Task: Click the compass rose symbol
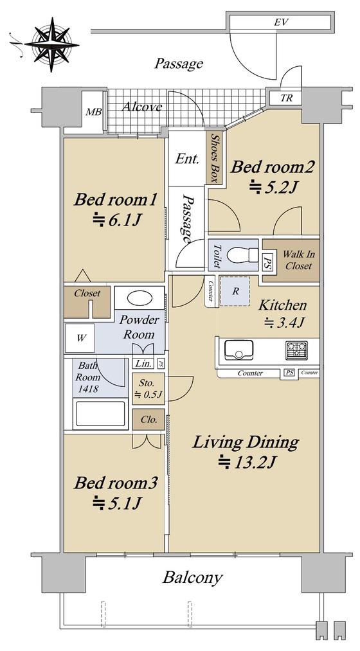tap(51, 44)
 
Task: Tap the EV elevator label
tap(281, 22)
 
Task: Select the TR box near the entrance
tap(286, 98)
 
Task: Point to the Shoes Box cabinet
tap(215, 157)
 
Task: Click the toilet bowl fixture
tap(242, 256)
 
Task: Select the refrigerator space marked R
tap(235, 291)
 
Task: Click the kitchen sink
tap(239, 350)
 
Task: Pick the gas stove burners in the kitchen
tap(296, 350)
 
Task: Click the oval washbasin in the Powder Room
tap(139, 298)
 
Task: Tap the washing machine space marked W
tap(82, 338)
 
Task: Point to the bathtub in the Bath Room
tap(100, 413)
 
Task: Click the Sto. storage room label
tap(148, 388)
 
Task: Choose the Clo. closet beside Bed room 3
tap(148, 420)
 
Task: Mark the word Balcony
tap(193, 578)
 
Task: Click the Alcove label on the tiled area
tap(142, 107)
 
